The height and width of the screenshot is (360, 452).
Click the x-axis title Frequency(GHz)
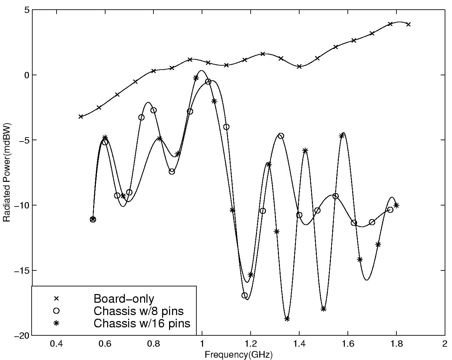point(238,355)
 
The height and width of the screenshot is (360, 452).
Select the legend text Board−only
point(124,298)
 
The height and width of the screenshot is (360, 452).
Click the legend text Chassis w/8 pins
point(138,311)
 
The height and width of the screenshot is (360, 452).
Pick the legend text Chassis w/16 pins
point(142,323)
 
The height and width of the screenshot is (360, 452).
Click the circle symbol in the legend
point(56,311)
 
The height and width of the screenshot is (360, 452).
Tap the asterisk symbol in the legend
point(56,323)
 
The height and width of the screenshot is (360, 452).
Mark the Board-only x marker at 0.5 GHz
point(81,117)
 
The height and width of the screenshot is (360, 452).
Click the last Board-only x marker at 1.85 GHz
point(408,24)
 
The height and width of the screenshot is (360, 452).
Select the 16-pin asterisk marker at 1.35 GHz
point(287,319)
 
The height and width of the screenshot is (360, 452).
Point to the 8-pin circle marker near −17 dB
point(245,295)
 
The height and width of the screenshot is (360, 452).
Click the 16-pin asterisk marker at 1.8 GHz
point(396,205)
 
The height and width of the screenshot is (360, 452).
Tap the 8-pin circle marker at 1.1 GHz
point(226,127)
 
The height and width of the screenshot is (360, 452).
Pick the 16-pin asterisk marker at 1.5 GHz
point(324,309)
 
